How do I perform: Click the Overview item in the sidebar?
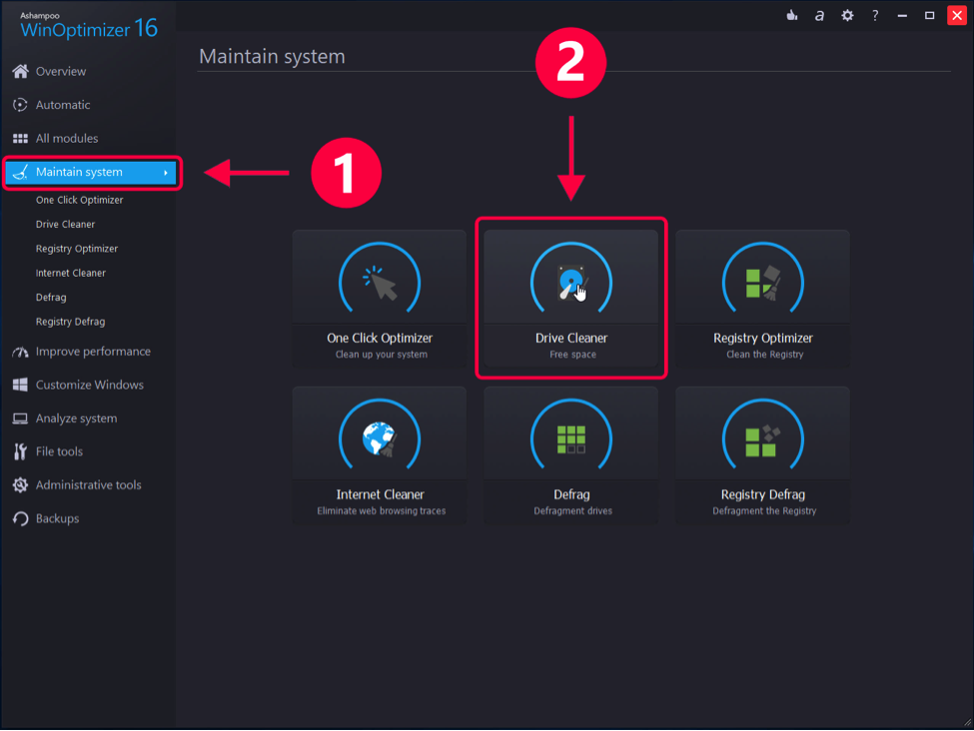point(60,72)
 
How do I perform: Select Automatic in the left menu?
point(62,105)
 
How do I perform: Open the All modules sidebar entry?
point(66,139)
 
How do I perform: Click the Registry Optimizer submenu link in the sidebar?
point(76,249)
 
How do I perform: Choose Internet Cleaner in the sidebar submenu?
point(70,273)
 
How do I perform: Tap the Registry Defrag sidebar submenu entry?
point(70,322)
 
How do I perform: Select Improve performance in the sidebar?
point(92,352)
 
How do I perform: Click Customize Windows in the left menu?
point(89,385)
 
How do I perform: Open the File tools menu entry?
point(59,452)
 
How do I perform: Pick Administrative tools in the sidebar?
point(88,485)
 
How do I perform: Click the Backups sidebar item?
point(57,519)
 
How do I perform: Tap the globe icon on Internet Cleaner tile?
point(379,439)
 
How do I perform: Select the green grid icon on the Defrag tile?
point(571,439)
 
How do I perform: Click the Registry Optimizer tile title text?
point(763,339)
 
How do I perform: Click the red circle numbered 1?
point(346,174)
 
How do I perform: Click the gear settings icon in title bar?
point(847,15)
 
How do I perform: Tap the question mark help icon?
point(875,15)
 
